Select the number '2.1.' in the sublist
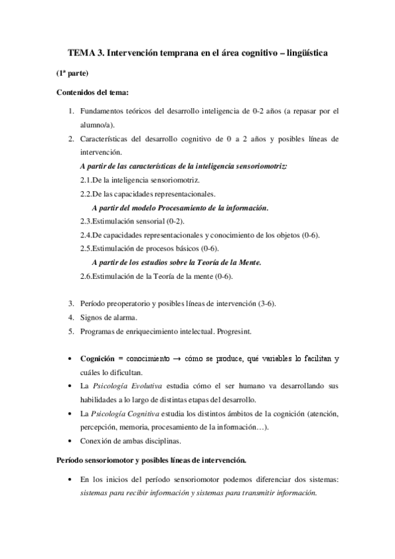point(85,180)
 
